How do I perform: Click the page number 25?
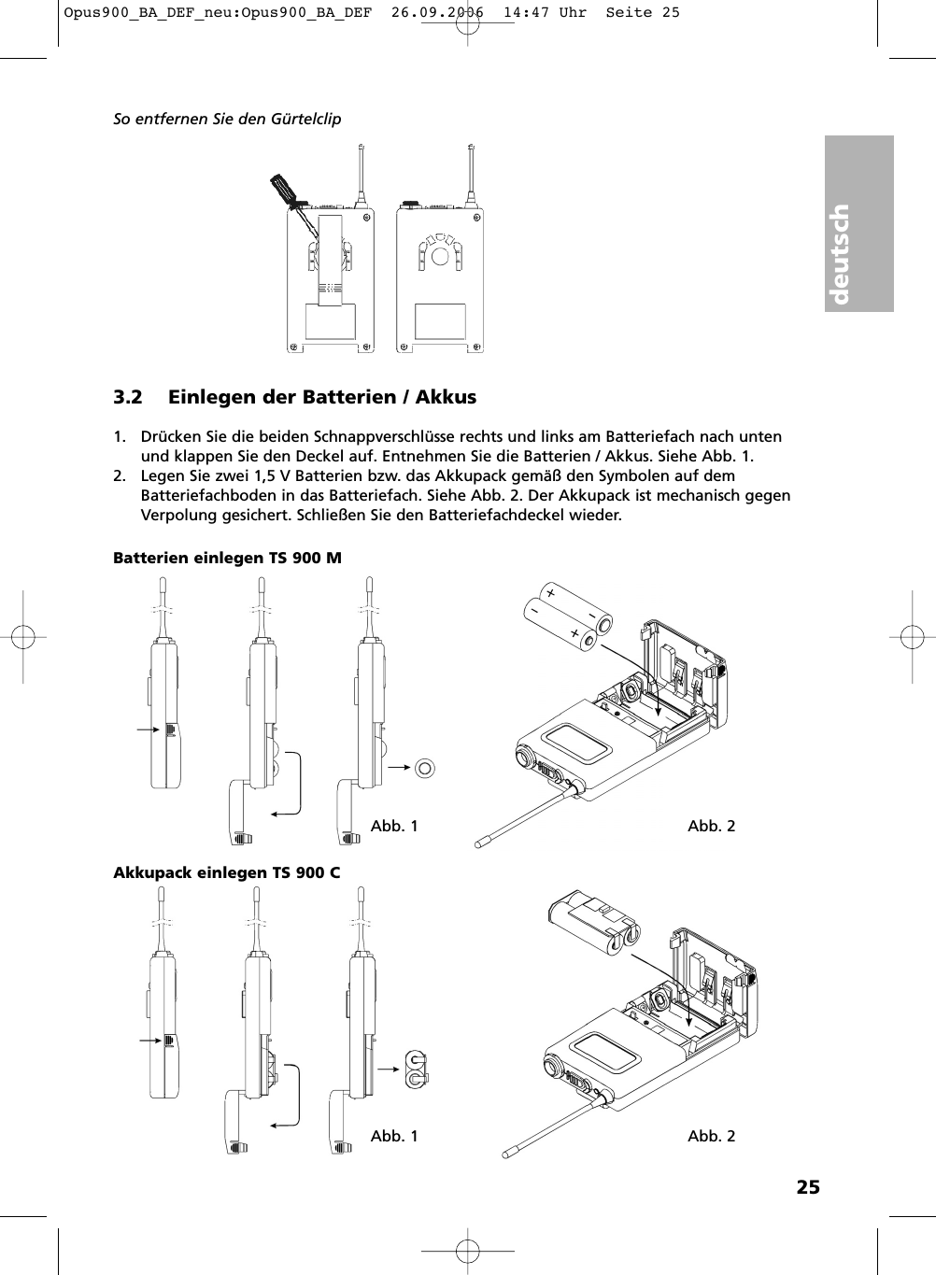tap(808, 1187)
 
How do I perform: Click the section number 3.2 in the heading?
tap(128, 397)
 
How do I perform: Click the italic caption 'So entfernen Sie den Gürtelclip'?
tap(227, 120)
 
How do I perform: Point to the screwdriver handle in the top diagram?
tap(282, 188)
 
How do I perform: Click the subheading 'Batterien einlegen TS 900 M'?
tap(227, 558)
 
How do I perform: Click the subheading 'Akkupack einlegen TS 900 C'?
tap(226, 872)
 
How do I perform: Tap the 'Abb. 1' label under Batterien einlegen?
tap(394, 826)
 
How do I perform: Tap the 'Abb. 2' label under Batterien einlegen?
tap(711, 826)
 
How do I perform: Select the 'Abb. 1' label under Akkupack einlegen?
tap(394, 1136)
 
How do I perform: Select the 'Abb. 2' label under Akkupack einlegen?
tap(711, 1136)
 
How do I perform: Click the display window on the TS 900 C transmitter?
tap(604, 1053)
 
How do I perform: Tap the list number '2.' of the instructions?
tap(121, 476)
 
